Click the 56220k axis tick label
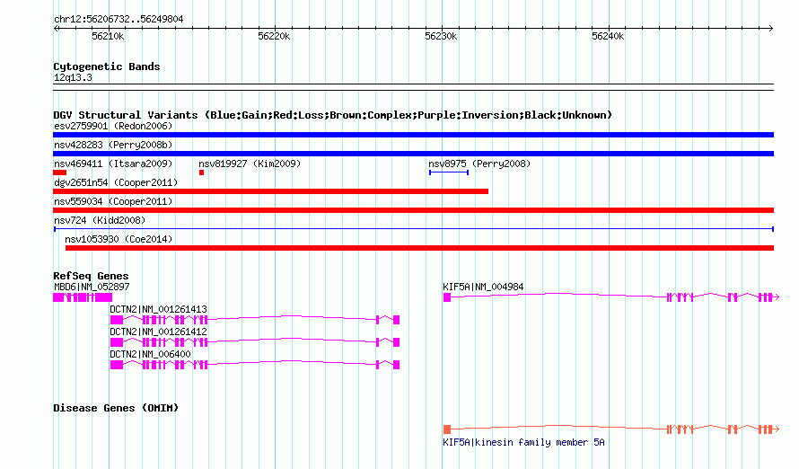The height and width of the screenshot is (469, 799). [x=274, y=36]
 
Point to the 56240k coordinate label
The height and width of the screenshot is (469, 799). [x=608, y=36]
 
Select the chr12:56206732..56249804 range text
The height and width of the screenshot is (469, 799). [x=119, y=19]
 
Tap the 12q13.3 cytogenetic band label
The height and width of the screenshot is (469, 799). [x=73, y=77]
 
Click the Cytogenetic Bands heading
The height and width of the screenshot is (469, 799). [x=107, y=66]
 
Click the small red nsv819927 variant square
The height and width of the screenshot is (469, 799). [x=201, y=173]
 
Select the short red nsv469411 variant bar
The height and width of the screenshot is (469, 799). [x=59, y=173]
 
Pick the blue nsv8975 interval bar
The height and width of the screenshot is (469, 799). [x=448, y=173]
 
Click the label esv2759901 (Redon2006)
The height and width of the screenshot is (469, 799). [x=113, y=126]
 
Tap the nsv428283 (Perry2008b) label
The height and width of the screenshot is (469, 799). [x=113, y=145]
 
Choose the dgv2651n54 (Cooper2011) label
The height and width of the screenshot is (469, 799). [x=116, y=182]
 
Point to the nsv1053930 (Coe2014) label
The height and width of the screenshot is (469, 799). [x=119, y=239]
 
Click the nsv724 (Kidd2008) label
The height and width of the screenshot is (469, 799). [x=100, y=220]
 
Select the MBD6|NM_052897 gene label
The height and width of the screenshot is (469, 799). [x=92, y=287]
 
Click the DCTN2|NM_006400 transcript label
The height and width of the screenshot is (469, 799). [x=150, y=354]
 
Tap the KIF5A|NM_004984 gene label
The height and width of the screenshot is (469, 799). [x=483, y=287]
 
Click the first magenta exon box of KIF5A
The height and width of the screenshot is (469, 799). [x=447, y=297]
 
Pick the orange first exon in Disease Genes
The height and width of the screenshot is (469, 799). [x=447, y=429]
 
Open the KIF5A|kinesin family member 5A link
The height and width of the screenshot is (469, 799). [x=523, y=442]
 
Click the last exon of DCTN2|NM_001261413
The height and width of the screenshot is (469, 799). [x=397, y=320]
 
